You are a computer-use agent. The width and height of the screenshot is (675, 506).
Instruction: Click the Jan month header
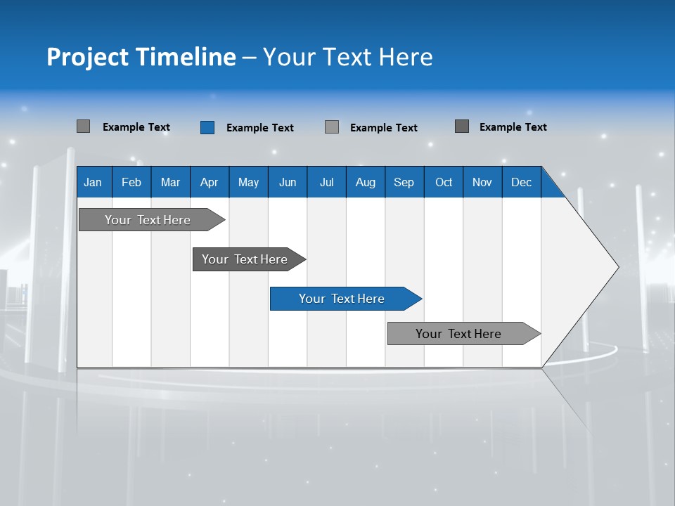tap(94, 182)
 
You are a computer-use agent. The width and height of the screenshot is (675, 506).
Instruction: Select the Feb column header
tap(131, 182)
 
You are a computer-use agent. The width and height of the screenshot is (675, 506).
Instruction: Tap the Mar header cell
tap(170, 182)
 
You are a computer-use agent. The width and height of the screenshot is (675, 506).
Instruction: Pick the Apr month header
tap(210, 182)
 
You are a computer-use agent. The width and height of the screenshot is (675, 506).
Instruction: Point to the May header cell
tap(248, 182)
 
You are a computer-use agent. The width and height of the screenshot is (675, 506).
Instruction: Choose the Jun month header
tap(288, 182)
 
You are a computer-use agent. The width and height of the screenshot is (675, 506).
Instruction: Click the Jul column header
tap(326, 182)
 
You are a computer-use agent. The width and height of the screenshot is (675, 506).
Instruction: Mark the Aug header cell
tap(366, 182)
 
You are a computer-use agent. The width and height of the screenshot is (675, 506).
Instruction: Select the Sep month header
tap(404, 182)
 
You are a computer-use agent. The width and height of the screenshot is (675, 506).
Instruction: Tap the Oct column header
tap(444, 182)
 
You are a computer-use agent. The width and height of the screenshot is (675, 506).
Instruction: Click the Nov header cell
tap(482, 182)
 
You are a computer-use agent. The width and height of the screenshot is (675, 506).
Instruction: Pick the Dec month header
tap(522, 182)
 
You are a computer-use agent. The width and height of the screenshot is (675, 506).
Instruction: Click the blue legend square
tap(207, 127)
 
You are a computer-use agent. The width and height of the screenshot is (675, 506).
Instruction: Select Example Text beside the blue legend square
tap(260, 128)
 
